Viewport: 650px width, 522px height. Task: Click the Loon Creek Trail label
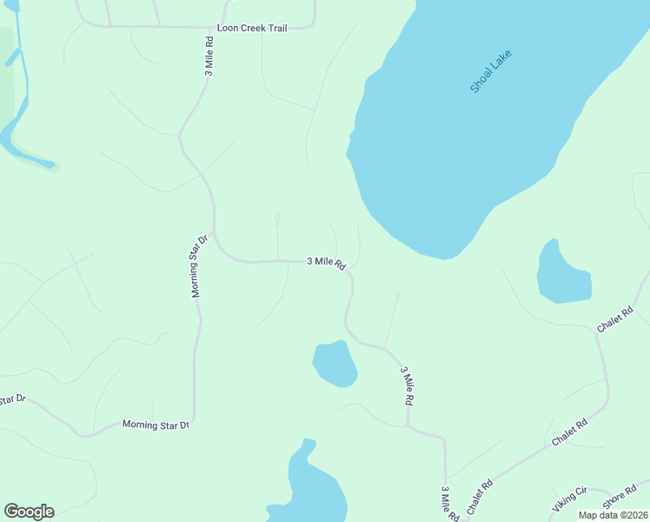tap(252, 28)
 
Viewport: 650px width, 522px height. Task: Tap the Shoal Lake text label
tap(491, 72)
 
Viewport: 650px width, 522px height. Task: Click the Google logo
tap(29, 512)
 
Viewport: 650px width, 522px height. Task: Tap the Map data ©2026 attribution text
tap(614, 515)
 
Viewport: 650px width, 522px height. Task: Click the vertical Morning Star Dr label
tap(199, 266)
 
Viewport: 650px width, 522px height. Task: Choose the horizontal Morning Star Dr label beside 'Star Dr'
tap(156, 425)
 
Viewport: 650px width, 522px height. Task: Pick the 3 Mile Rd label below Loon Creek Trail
tap(209, 57)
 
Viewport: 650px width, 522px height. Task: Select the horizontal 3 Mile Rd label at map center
tap(326, 261)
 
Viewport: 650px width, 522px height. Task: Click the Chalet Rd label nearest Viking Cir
tap(480, 495)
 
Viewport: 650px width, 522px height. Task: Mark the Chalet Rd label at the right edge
tap(615, 318)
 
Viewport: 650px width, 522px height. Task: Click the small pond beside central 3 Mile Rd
tap(335, 364)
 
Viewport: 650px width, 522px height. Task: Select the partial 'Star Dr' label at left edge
tap(13, 399)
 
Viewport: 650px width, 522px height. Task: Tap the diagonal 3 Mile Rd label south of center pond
tap(406, 385)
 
